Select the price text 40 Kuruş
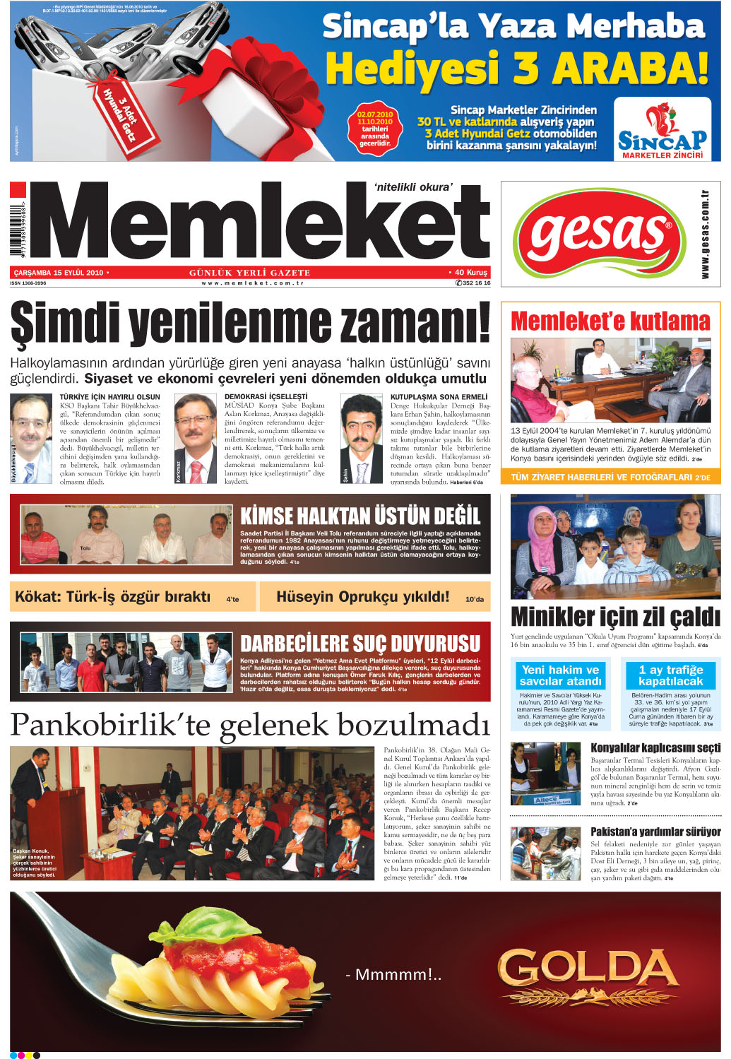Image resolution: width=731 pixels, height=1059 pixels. pos(469,272)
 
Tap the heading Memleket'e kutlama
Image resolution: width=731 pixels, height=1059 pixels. pos(610,321)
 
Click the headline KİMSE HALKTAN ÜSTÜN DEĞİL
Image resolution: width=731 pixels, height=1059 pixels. pos(360,516)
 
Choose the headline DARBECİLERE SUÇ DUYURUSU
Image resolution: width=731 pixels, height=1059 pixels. pos(360,644)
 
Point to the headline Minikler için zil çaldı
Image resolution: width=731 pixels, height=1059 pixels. pos(615,617)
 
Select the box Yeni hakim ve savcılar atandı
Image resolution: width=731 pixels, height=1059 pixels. pos(560,675)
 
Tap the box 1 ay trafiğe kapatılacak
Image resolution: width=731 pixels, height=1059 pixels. pos(670,675)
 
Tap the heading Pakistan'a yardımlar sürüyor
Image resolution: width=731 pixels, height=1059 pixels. pos(655,832)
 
